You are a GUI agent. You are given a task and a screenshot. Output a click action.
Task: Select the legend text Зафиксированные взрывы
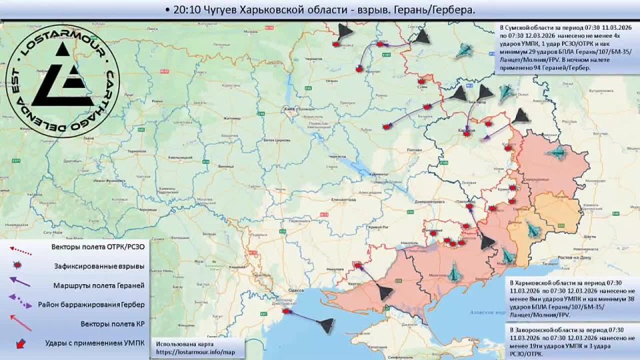(101, 266)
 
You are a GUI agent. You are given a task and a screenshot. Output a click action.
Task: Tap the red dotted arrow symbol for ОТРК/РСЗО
(23, 249)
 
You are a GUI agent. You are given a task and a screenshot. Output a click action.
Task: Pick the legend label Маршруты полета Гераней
(99, 285)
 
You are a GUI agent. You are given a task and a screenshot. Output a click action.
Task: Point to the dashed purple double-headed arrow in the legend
(23, 304)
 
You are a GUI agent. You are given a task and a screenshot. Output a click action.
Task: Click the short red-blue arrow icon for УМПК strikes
(23, 343)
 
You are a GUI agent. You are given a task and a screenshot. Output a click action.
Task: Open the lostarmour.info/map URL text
(196, 351)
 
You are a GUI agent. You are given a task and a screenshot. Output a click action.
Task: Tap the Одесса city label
(288, 290)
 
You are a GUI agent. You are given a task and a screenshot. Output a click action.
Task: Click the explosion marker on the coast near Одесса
(287, 311)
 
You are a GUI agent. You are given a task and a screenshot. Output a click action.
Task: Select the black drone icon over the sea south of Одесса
(325, 325)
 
